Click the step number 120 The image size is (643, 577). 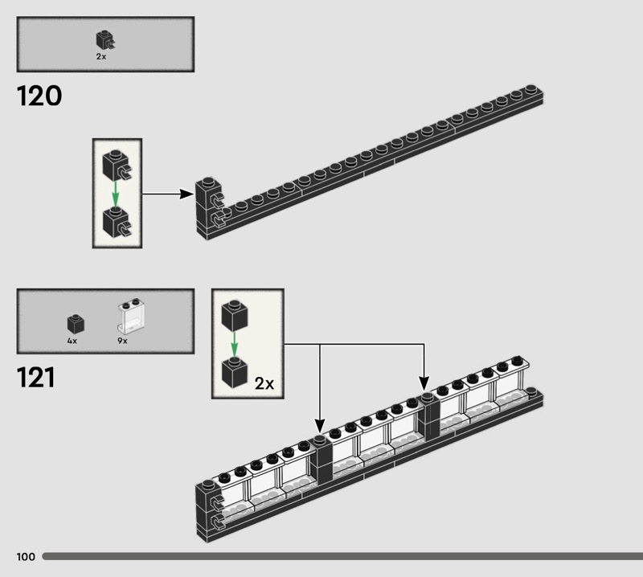39,96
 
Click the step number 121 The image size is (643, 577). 35,377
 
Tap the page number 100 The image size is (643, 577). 26,556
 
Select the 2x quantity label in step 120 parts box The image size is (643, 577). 101,56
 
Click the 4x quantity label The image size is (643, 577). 72,341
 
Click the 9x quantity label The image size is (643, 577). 122,341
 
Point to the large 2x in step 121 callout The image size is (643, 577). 264,384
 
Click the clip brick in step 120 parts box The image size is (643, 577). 105,40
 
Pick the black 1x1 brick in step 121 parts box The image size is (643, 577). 76,324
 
